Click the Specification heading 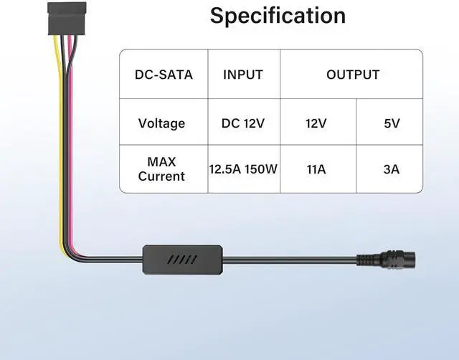(278, 16)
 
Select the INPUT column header (243, 75)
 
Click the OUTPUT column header (353, 75)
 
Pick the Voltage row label (161, 123)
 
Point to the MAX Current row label (161, 169)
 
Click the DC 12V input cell (243, 123)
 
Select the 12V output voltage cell (316, 123)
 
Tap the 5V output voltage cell (392, 123)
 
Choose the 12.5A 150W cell (243, 170)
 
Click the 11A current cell (316, 170)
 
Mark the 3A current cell (392, 170)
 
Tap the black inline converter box (184, 258)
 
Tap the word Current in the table (161, 176)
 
